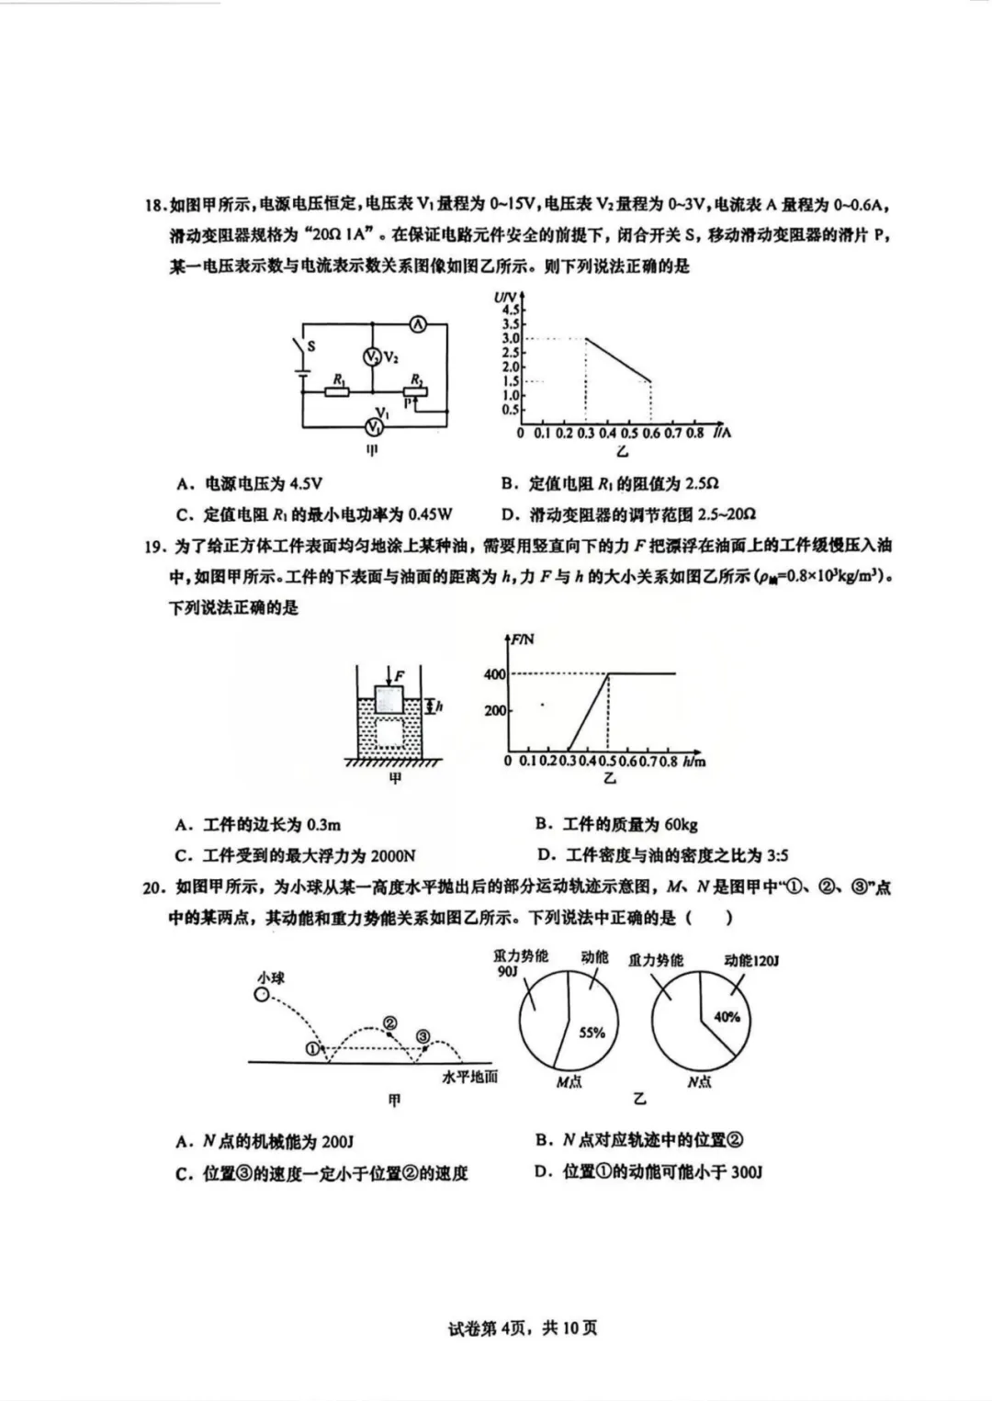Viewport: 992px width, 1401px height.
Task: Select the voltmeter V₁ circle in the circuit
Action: [374, 426]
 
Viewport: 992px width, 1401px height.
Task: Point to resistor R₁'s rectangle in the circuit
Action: [337, 392]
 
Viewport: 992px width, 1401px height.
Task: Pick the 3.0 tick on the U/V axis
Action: [511, 338]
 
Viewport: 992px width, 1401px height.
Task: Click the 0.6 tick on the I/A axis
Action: [650, 433]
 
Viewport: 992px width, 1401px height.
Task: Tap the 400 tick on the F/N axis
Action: [495, 674]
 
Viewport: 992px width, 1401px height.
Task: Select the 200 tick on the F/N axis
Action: [495, 710]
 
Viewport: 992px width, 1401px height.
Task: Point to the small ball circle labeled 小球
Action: [262, 995]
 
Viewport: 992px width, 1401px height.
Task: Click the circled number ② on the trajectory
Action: [389, 1024]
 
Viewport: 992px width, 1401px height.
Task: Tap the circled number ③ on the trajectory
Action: [423, 1037]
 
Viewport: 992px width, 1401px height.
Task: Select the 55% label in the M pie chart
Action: [592, 1033]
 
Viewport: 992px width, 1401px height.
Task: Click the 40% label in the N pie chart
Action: [727, 1017]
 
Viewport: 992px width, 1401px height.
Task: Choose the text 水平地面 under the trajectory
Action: [469, 1077]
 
